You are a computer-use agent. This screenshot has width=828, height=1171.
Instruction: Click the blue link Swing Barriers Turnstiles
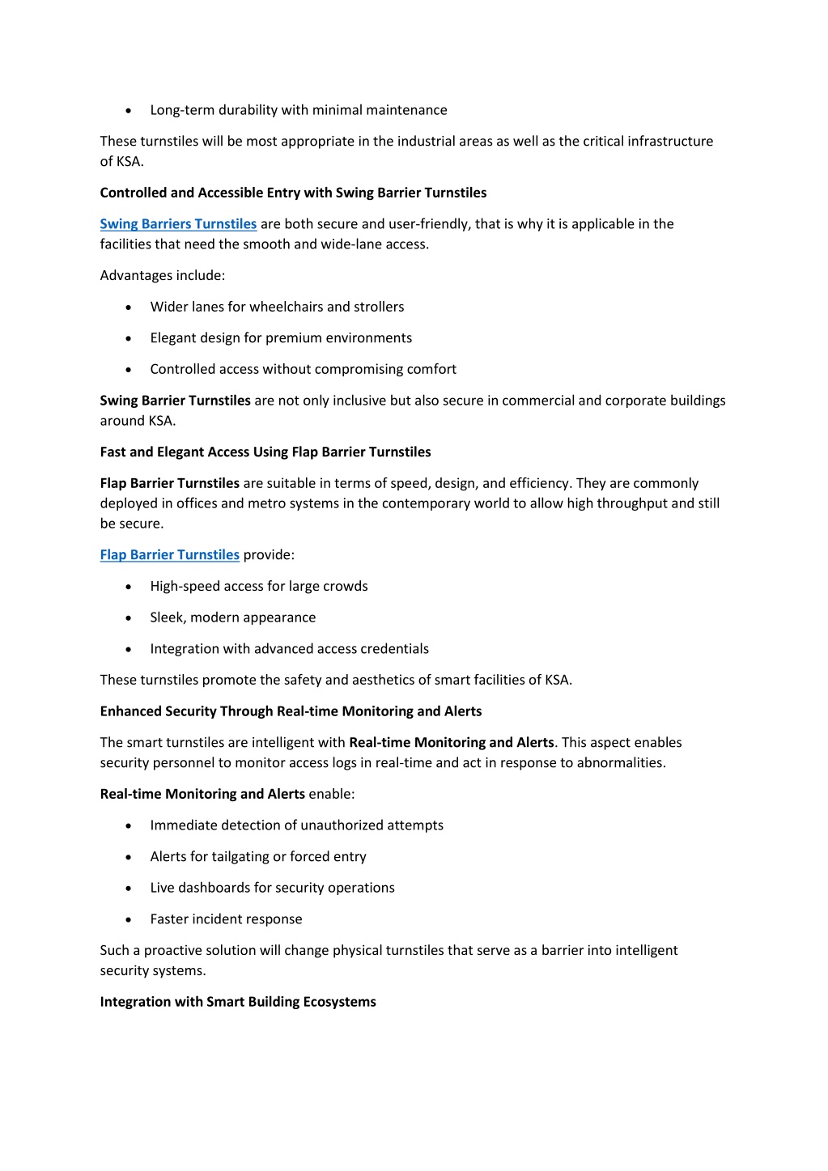178,224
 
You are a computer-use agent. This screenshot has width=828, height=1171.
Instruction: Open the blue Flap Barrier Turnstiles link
169,555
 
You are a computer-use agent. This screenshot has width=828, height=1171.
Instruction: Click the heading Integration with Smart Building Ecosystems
238,1002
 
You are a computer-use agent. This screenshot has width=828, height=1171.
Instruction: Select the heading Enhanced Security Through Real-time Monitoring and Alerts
291,711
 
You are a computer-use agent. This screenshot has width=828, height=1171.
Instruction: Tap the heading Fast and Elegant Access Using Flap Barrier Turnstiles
265,452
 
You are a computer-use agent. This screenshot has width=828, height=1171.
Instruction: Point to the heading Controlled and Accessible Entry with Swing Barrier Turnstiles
293,193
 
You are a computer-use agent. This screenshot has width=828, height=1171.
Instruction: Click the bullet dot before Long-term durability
129,111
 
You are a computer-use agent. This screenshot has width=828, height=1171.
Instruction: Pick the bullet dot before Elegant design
129,339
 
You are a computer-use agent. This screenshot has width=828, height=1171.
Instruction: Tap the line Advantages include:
162,276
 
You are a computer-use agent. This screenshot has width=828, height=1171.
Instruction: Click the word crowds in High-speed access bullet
346,587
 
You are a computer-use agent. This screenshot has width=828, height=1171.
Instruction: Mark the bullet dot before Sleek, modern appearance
129,618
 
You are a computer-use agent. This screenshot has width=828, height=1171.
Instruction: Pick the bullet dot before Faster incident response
129,920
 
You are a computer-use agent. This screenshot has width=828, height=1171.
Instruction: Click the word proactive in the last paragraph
172,951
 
